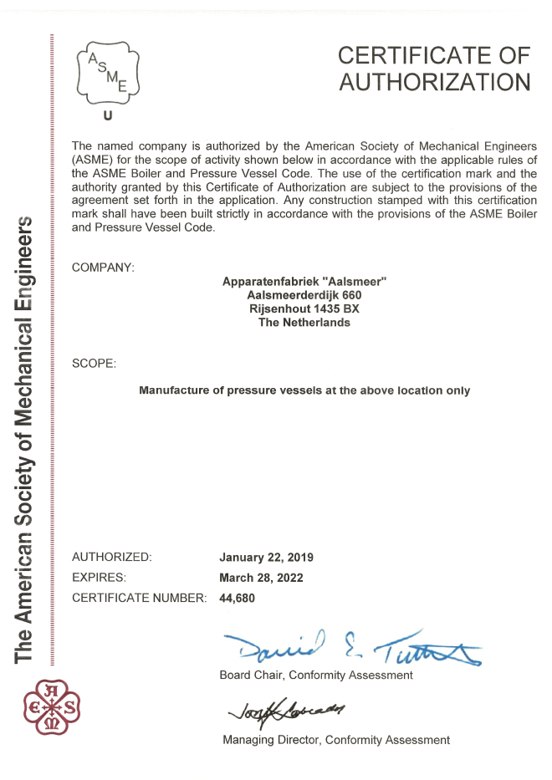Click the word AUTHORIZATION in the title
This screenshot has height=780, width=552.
pyautogui.click(x=435, y=83)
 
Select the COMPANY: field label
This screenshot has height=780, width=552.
pyautogui.click(x=103, y=268)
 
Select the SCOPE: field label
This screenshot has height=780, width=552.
pyautogui.click(x=95, y=364)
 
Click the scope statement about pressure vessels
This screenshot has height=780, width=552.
pyautogui.click(x=304, y=390)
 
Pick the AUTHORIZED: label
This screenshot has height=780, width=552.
pyautogui.click(x=112, y=557)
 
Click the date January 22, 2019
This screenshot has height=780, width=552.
pyautogui.click(x=266, y=557)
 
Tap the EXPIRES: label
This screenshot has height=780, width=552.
pyautogui.click(x=100, y=578)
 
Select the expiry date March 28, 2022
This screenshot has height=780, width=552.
pyautogui.click(x=261, y=578)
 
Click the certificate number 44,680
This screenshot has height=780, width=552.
pyautogui.click(x=237, y=599)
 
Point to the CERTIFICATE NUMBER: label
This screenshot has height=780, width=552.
pyautogui.click(x=139, y=599)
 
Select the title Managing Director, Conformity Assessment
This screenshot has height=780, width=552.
pyautogui.click(x=335, y=740)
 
